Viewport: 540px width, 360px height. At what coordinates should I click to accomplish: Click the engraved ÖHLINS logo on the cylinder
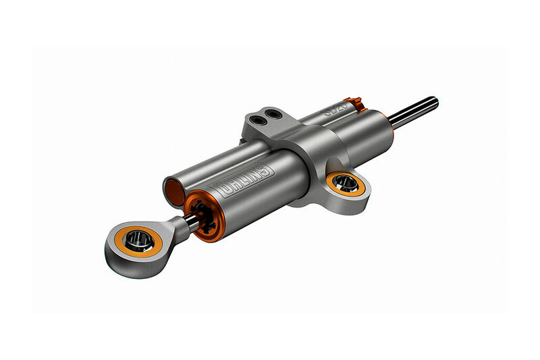(x=242, y=177)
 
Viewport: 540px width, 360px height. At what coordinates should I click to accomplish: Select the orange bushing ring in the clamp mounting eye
(x=345, y=182)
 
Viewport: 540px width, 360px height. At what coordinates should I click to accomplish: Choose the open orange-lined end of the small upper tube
(x=172, y=184)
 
